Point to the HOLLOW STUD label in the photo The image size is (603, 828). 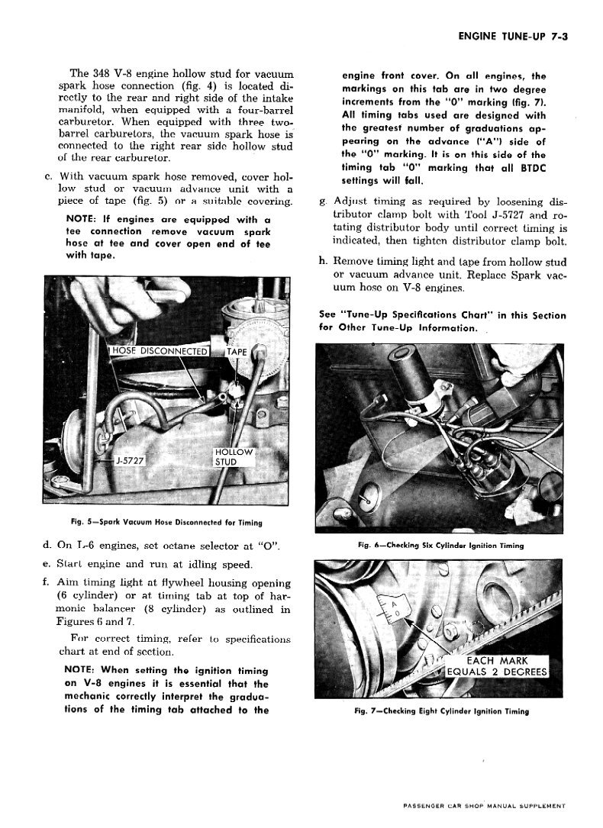pos(233,457)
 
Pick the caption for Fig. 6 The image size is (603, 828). pos(441,546)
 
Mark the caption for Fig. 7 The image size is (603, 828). pos(441,710)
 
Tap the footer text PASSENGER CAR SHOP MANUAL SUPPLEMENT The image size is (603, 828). pos(485,805)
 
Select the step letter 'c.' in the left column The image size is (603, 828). pos(48,176)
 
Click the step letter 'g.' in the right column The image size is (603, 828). pos(324,202)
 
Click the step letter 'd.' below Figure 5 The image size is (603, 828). pos(48,546)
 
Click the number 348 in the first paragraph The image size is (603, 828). pos(103,74)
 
